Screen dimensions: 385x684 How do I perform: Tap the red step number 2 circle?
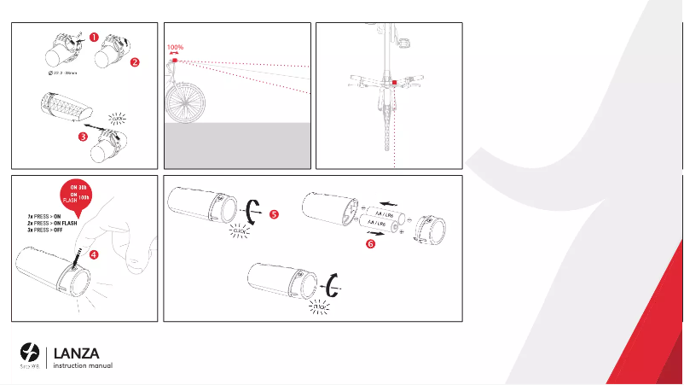coord(134,61)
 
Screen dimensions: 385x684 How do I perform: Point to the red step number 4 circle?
coord(93,254)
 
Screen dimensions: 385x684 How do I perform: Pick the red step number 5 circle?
coord(273,215)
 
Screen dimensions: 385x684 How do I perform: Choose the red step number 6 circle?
coord(370,244)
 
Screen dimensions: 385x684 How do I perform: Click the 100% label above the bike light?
coord(176,48)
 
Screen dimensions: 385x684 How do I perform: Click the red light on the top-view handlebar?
coord(394,84)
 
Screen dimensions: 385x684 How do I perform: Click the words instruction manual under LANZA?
coord(83,365)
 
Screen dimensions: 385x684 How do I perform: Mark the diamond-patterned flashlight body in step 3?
coord(65,108)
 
